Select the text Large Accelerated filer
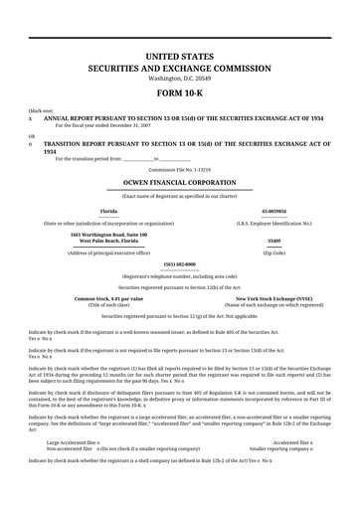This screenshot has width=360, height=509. point(72,470)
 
